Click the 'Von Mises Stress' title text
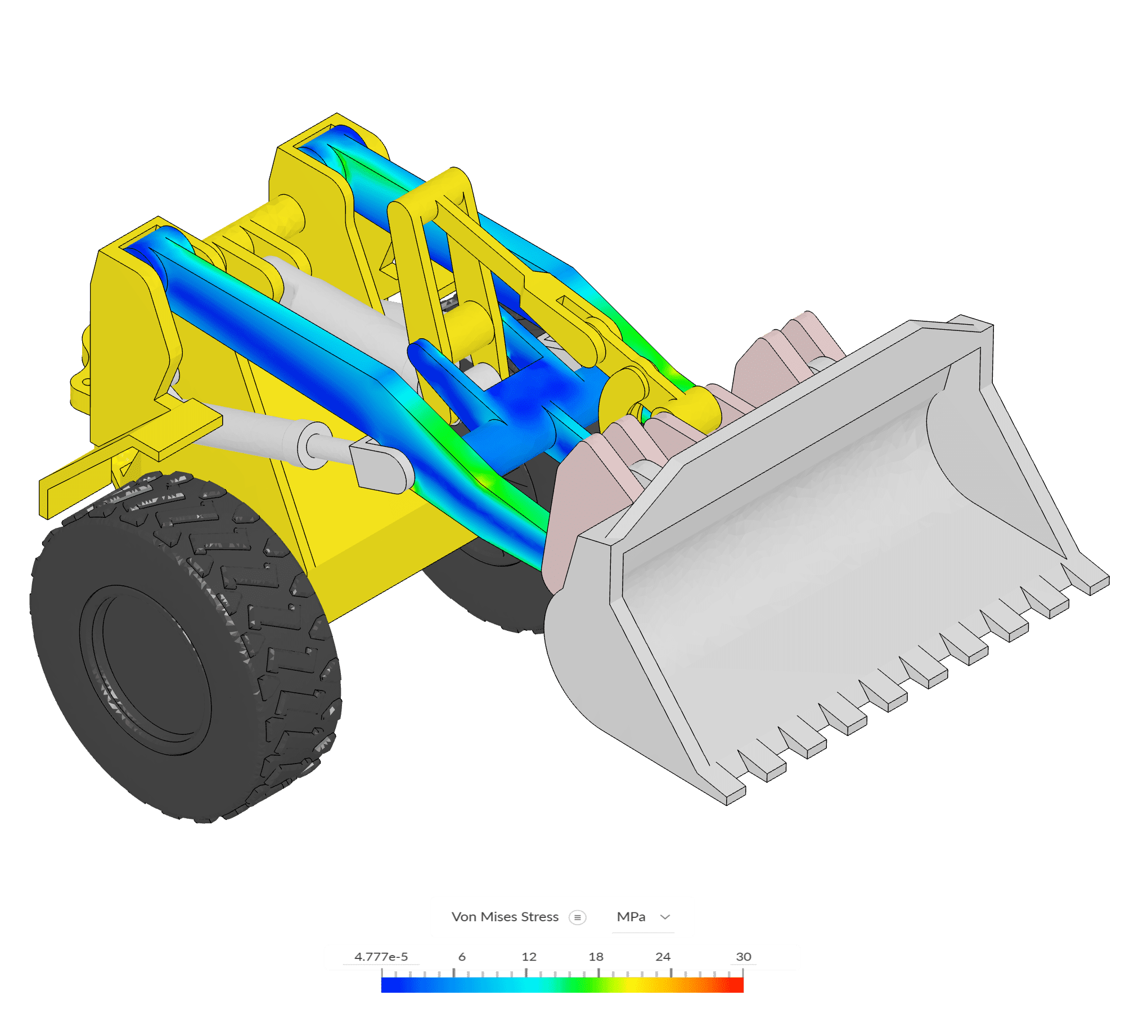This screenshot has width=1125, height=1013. [505, 917]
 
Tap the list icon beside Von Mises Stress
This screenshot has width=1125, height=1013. [577, 917]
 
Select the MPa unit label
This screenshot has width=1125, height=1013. [631, 917]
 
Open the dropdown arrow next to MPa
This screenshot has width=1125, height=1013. [665, 917]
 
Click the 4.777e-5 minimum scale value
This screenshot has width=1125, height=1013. [381, 957]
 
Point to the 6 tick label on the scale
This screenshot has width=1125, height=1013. [462, 957]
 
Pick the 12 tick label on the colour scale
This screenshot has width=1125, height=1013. [529, 957]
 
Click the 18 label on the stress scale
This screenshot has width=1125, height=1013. [596, 957]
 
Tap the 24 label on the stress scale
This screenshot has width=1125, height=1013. [663, 957]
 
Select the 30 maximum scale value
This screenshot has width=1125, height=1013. [743, 957]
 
